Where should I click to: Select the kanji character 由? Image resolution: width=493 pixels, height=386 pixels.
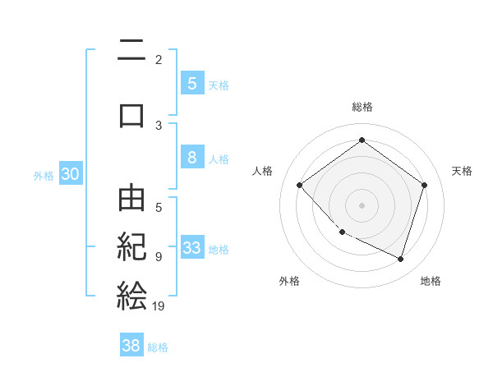[131, 200]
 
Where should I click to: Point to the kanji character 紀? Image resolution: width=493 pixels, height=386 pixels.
[131, 247]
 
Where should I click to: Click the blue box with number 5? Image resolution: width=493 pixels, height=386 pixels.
[191, 84]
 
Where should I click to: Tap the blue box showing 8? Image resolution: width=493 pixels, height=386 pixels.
[191, 158]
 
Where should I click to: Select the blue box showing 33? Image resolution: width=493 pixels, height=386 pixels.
[192, 248]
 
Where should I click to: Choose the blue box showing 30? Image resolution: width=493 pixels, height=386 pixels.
[71, 174]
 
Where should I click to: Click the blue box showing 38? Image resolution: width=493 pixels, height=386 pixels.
[131, 346]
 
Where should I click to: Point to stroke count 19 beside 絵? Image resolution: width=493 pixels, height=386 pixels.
[159, 306]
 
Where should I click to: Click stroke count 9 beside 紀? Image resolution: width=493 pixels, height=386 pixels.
[159, 256]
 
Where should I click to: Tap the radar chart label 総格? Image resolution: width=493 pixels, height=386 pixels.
[362, 107]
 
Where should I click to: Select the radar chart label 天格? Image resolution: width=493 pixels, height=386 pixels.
[463, 171]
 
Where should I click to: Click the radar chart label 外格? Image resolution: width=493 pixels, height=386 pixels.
[289, 281]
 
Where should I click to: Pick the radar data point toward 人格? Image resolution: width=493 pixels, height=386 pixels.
[300, 185]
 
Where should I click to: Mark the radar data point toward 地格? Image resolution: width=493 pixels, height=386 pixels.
[400, 259]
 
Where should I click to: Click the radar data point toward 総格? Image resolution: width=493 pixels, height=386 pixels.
[362, 140]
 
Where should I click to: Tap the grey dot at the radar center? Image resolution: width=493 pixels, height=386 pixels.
[362, 204]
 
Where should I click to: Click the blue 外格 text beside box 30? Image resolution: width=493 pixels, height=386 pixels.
[44, 175]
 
